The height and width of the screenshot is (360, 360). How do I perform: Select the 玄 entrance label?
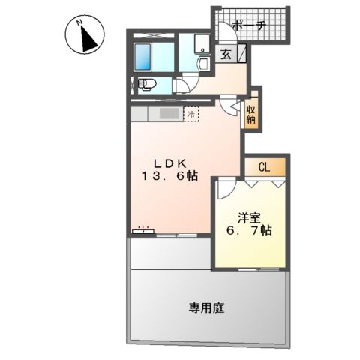(x=226, y=54)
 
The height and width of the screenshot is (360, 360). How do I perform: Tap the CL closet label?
(x=263, y=167)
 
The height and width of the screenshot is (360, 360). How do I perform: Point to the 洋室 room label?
(x=250, y=217)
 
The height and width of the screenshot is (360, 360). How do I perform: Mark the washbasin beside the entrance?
(x=200, y=46)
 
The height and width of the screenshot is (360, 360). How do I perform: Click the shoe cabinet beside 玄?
(x=243, y=55)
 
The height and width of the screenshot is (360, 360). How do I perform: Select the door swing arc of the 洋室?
(x=223, y=189)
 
